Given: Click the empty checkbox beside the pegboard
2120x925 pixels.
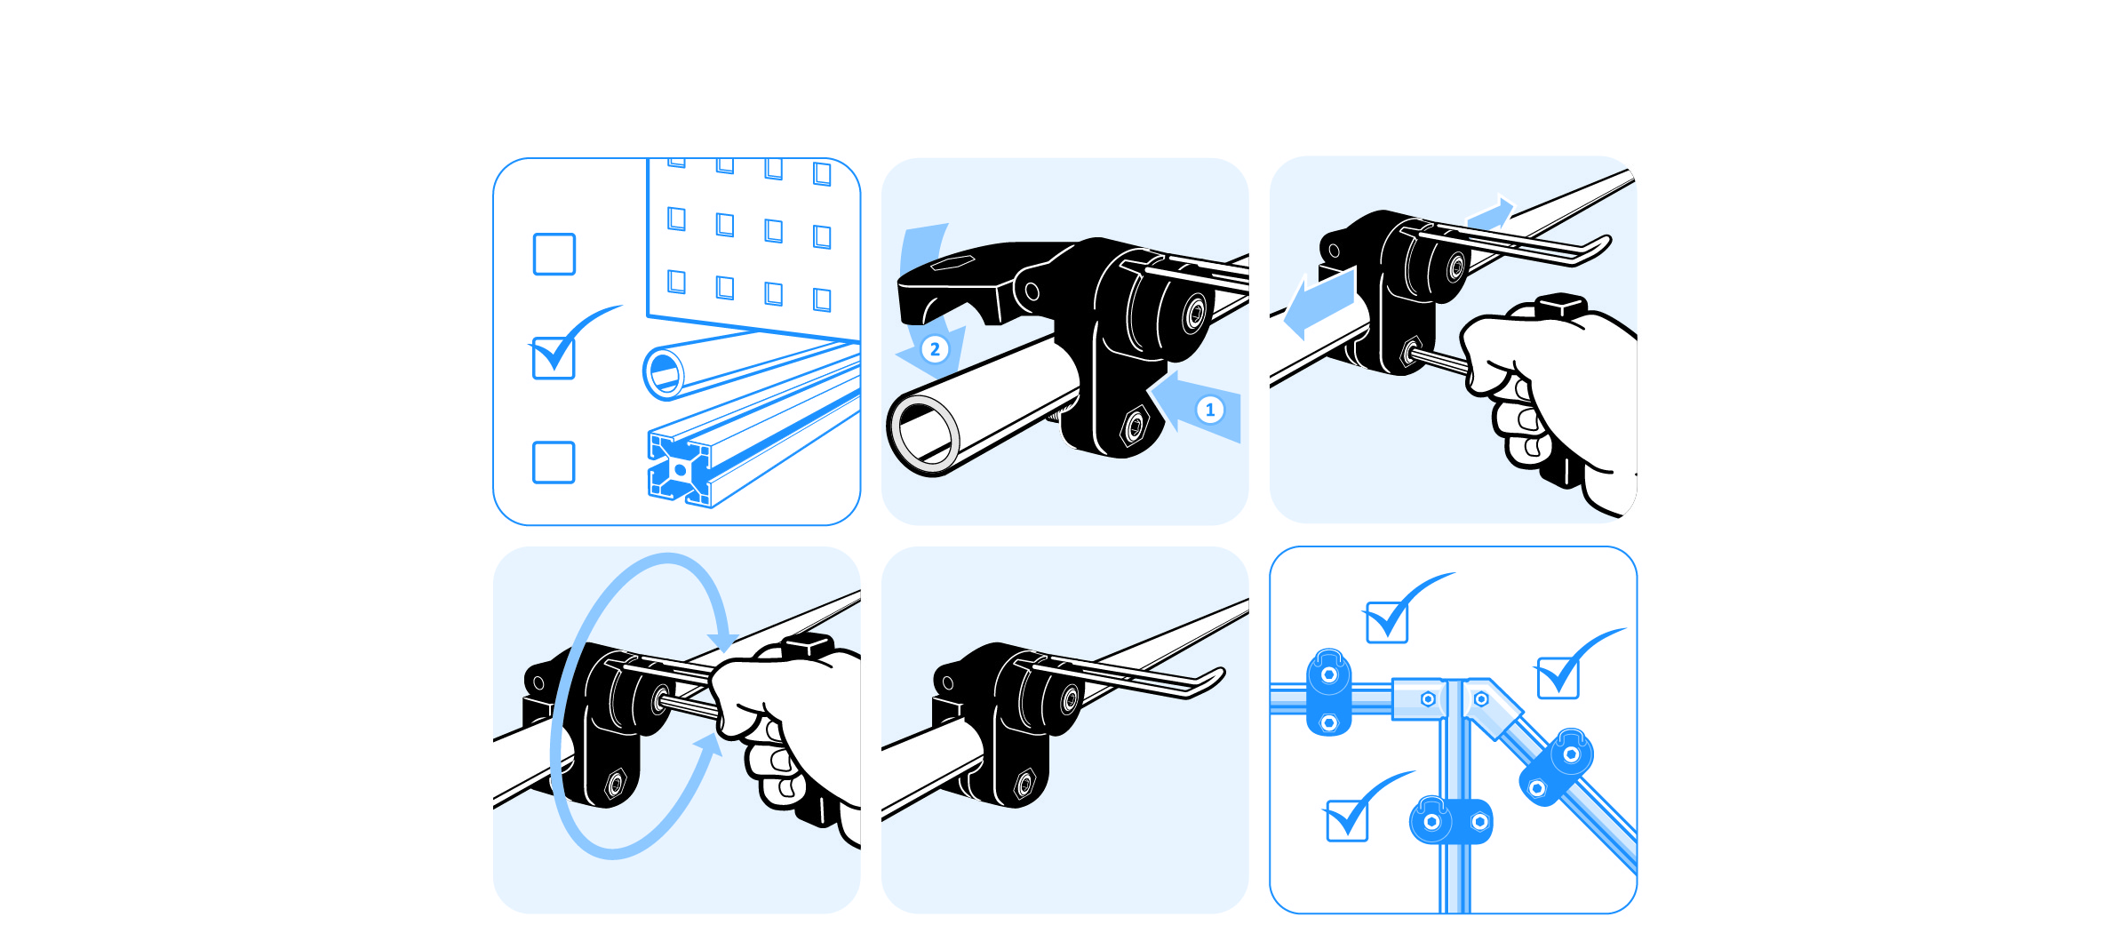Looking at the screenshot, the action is point(554,254).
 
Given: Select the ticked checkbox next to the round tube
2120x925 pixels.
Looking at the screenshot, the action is point(554,358).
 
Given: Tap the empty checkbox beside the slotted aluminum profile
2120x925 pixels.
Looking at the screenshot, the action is point(554,462).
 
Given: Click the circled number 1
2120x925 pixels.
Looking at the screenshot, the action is point(1209,410).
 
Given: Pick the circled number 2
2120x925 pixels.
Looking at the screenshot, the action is point(935,349).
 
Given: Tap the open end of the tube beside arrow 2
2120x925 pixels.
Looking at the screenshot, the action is point(924,435).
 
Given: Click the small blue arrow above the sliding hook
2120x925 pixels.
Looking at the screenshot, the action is point(1490,214).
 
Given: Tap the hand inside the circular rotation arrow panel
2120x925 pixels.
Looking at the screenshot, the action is point(786,733).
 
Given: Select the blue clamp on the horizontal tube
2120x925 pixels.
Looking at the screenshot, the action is point(1329,692).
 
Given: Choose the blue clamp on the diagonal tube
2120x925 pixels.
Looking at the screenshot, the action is point(1556,767).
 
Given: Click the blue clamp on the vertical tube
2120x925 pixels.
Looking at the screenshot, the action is point(1451,820).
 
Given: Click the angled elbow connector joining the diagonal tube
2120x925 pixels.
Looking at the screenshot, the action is point(1494,706).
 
